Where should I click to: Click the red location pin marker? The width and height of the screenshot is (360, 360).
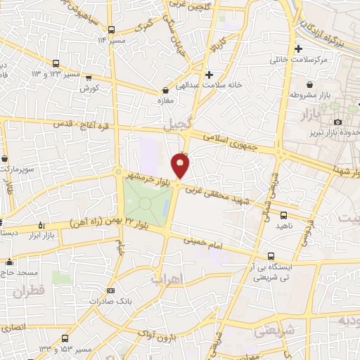(181, 166)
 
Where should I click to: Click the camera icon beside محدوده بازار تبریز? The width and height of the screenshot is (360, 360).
(338, 122)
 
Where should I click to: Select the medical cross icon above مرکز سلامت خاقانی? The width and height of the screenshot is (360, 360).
(299, 49)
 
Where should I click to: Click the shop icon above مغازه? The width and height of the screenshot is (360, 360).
(165, 90)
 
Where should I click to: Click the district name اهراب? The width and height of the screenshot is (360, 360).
(167, 279)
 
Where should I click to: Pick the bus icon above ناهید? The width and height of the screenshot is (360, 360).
(283, 215)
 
